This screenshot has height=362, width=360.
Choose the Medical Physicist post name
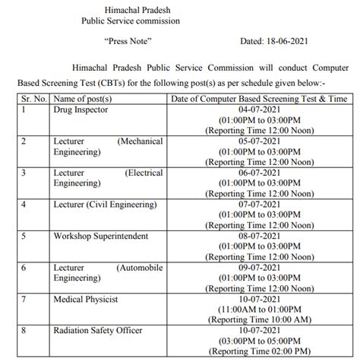(85, 300)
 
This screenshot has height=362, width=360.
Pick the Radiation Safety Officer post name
(96, 331)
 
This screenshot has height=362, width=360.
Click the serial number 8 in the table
(24, 331)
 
